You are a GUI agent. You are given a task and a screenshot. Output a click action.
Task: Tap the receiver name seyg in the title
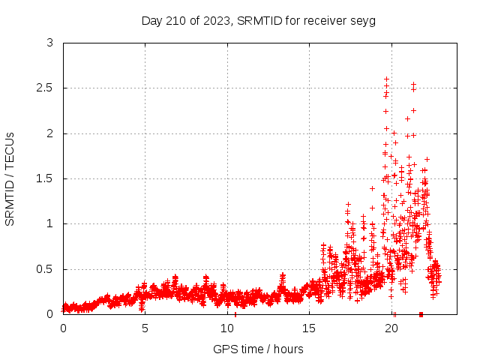(363, 21)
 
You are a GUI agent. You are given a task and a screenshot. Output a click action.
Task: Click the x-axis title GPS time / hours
(258, 349)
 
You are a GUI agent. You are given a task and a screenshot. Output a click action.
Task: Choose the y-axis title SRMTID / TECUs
(10, 178)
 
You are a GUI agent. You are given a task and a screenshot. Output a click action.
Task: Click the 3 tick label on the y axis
(49, 43)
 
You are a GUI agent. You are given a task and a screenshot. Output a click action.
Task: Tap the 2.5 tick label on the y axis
(45, 88)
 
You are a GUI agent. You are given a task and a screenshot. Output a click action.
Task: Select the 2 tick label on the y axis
(49, 133)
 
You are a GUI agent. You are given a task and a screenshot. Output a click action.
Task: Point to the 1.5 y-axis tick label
(45, 178)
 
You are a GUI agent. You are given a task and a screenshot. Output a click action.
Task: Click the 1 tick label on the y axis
(49, 223)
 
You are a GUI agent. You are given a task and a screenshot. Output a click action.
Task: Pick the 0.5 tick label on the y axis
(45, 268)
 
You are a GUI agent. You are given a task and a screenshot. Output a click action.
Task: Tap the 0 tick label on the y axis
(49, 313)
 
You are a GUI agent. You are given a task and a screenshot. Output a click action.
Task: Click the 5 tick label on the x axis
(145, 328)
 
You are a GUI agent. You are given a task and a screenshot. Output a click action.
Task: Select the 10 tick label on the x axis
(228, 328)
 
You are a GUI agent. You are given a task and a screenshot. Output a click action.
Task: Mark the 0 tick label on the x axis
(63, 328)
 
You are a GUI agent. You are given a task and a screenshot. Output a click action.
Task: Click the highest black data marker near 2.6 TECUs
(386, 79)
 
